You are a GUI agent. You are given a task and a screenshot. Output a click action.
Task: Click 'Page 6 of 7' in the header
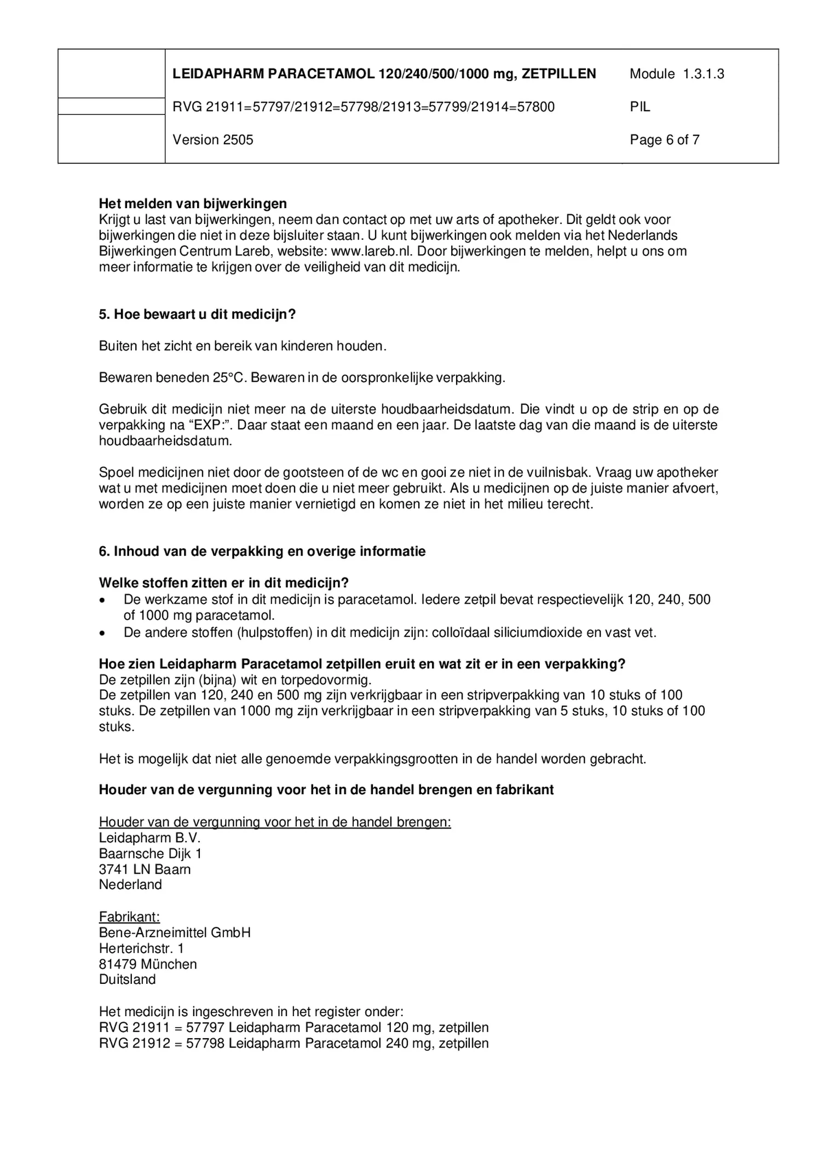pyautogui.click(x=664, y=140)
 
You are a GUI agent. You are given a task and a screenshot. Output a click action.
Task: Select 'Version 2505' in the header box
pyautogui.click(x=213, y=140)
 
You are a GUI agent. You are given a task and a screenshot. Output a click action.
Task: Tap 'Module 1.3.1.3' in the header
pyautogui.click(x=676, y=74)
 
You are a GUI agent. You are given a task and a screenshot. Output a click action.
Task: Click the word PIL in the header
pyautogui.click(x=640, y=107)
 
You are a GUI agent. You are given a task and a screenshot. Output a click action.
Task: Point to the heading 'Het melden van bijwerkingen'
pyautogui.click(x=193, y=204)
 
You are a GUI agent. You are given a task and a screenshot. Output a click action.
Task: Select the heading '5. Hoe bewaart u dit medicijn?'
pyautogui.click(x=197, y=314)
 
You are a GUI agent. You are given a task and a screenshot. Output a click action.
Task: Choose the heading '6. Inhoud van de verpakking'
pyautogui.click(x=262, y=552)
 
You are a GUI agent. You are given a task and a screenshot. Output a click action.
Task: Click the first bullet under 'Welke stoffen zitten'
pyautogui.click(x=102, y=600)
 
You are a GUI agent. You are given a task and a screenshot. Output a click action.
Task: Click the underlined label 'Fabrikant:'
pyautogui.click(x=129, y=917)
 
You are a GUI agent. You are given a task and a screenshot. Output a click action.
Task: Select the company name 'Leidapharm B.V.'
pyautogui.click(x=149, y=838)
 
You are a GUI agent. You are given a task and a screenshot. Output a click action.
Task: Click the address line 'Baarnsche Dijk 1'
pyautogui.click(x=150, y=854)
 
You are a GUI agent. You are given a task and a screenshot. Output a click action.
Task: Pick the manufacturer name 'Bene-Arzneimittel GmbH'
pyautogui.click(x=175, y=933)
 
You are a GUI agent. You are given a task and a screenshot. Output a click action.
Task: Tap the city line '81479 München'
pyautogui.click(x=148, y=964)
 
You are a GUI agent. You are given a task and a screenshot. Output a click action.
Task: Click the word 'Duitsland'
pyautogui.click(x=127, y=980)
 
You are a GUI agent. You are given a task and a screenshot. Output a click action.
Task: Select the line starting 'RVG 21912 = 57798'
pyautogui.click(x=293, y=1044)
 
